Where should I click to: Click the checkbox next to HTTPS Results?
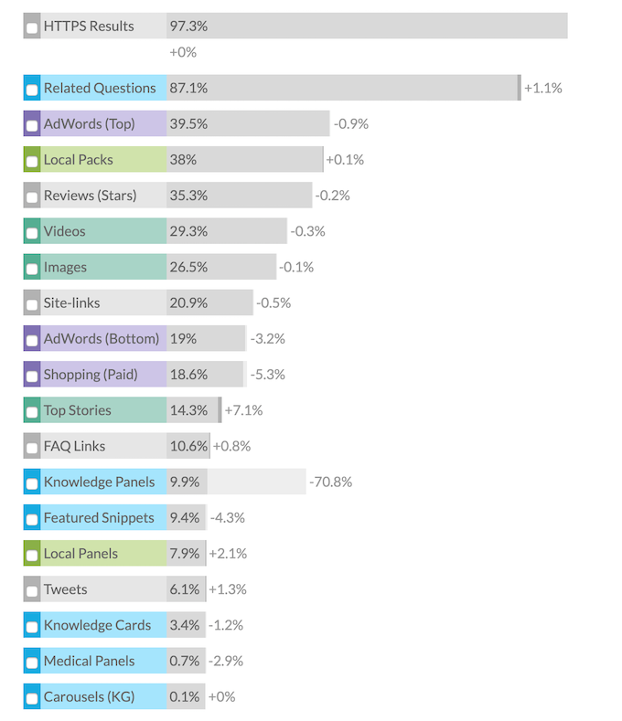(x=32, y=28)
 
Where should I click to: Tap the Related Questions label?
(x=100, y=89)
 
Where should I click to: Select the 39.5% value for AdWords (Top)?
(x=188, y=124)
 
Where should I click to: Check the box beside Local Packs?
(x=32, y=162)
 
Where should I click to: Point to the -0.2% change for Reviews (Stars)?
(x=332, y=196)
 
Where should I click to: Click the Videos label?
(x=64, y=231)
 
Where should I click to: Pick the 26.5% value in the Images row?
(x=188, y=268)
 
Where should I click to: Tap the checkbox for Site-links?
(x=32, y=305)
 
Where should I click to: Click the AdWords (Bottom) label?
(x=101, y=339)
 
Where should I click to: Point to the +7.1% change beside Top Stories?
(x=243, y=410)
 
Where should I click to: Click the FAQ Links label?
(x=74, y=446)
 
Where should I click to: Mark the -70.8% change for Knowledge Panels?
(x=330, y=482)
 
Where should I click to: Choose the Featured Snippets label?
(x=99, y=518)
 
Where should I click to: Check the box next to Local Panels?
(x=32, y=556)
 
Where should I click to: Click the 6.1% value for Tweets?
(x=184, y=589)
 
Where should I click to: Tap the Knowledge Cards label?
(x=97, y=625)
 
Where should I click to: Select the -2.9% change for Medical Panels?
(x=228, y=661)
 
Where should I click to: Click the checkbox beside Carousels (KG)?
(x=32, y=699)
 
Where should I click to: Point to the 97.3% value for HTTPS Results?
(x=188, y=27)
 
